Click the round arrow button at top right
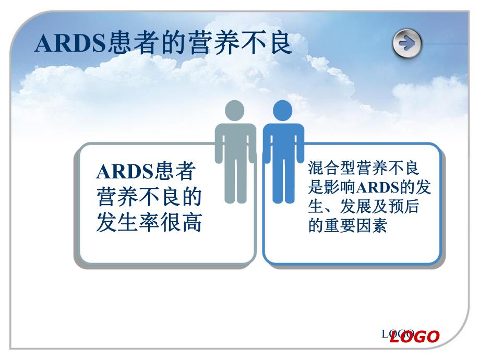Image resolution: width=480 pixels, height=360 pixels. tap(407, 43)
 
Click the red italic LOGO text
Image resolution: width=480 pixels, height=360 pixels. tap(415, 337)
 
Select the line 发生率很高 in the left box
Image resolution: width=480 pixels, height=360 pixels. tap(149, 223)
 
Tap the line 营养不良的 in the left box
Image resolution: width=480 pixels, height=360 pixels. tap(149, 197)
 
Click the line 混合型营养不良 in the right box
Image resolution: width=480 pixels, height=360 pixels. tap(364, 168)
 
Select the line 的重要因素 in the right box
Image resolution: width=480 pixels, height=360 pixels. tap(347, 226)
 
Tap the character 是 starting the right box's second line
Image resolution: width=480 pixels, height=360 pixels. tap(315, 187)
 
